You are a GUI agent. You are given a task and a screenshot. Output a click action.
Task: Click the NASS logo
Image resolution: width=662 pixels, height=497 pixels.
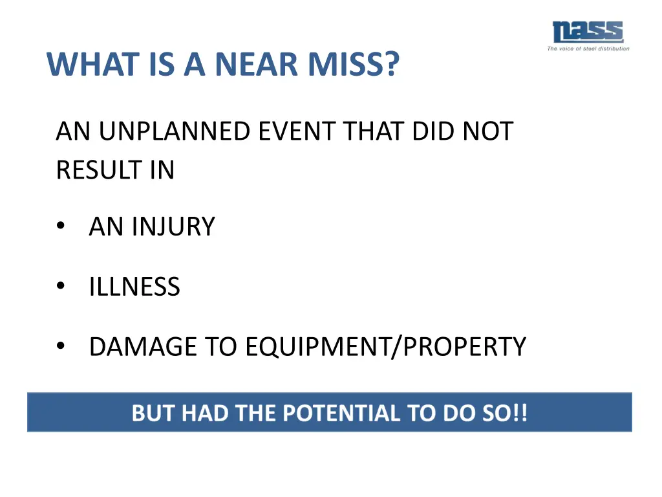[x=587, y=32]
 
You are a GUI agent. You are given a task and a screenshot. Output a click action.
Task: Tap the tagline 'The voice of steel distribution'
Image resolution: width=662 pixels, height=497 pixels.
[x=588, y=49]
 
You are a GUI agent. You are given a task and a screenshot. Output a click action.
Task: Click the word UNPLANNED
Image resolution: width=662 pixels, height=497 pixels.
[x=175, y=131]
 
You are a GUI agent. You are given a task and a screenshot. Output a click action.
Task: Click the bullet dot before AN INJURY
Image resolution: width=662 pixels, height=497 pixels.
[x=61, y=226]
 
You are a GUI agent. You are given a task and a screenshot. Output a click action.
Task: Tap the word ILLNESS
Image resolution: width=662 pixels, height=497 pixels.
[x=134, y=287]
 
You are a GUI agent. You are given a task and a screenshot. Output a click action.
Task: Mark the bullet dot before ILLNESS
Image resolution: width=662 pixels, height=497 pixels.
[x=61, y=287]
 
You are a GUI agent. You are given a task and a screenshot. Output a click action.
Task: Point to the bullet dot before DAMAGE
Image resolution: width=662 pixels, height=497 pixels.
[x=61, y=347]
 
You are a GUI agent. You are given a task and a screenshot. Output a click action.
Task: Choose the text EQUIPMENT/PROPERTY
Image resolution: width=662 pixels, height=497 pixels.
[x=385, y=347]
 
